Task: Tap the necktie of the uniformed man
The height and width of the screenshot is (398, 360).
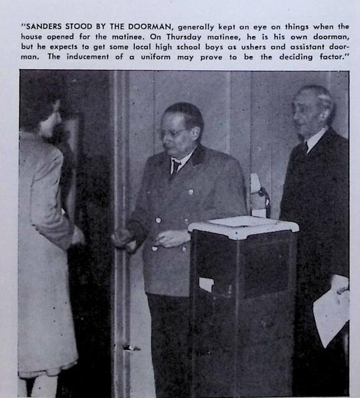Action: [177, 166]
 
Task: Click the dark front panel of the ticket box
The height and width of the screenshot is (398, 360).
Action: [242, 311]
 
